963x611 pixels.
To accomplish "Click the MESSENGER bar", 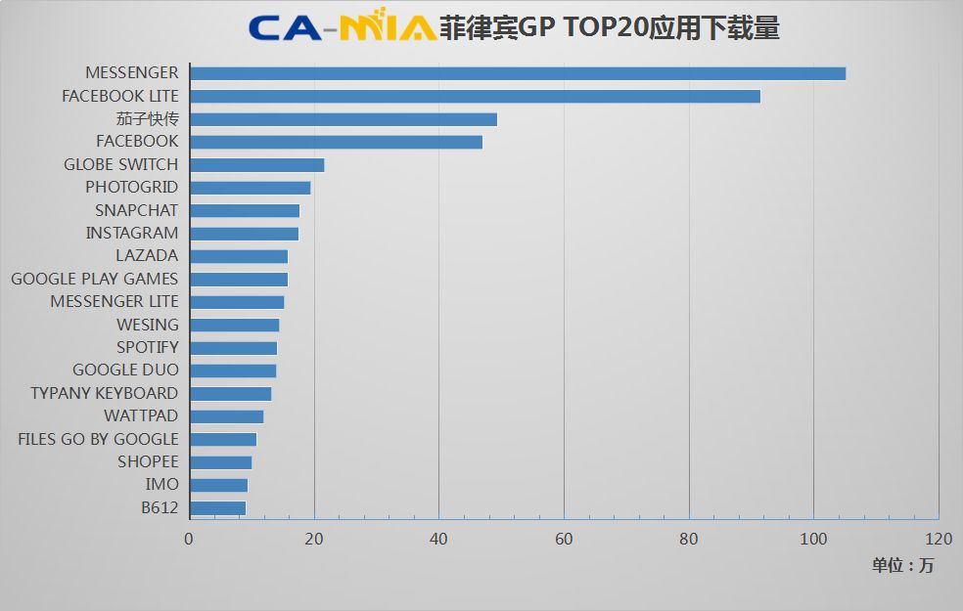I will click(x=517, y=73).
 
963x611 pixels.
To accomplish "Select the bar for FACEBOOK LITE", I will click(x=475, y=96).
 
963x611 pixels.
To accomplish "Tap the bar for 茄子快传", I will click(x=344, y=119).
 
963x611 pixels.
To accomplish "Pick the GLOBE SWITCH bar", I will click(x=256, y=165).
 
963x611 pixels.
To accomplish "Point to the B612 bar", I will click(x=217, y=508).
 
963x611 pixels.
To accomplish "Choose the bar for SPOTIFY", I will click(x=233, y=348).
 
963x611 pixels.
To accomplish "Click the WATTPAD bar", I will click(x=226, y=416).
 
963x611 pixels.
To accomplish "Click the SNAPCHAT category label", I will click(x=136, y=210).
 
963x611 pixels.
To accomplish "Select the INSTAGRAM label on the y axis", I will click(x=131, y=233).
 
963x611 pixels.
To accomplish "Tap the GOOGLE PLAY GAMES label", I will click(x=94, y=279).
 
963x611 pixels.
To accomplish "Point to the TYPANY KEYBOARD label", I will click(x=104, y=393).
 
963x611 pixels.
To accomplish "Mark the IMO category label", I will click(x=161, y=485).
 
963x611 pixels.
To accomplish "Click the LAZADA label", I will click(x=147, y=256).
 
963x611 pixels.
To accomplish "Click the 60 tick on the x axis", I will click(x=564, y=539).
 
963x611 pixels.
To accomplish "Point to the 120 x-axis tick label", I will click(x=938, y=539).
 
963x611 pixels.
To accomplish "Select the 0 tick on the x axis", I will click(x=189, y=539).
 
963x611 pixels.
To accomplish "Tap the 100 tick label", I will click(x=813, y=539).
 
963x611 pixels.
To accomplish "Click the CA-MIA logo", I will click(x=343, y=27).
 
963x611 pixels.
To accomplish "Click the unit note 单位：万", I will click(x=902, y=565).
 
